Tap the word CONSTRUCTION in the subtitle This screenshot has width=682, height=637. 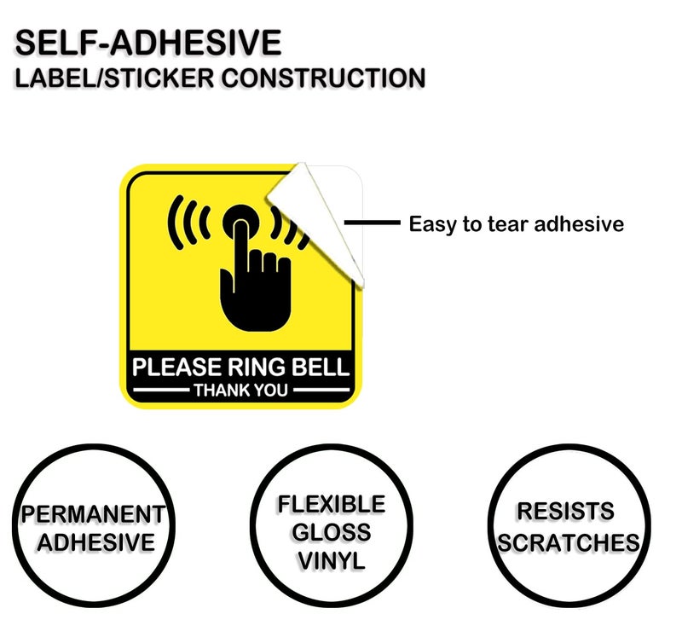[x=323, y=78]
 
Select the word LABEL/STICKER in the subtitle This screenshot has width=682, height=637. [x=115, y=78]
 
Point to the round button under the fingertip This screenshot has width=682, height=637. [x=240, y=223]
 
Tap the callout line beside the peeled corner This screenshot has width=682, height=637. [x=372, y=223]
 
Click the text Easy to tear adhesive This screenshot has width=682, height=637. [x=517, y=224]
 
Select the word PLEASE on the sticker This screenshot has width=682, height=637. [x=177, y=367]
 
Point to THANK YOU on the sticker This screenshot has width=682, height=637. [x=240, y=391]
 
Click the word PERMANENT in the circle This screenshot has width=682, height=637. [x=93, y=514]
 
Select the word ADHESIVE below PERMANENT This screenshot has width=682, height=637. [x=96, y=542]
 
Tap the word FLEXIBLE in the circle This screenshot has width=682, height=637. [x=332, y=505]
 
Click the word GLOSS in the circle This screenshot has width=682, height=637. [x=332, y=533]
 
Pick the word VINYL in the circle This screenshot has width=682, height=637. [x=332, y=561]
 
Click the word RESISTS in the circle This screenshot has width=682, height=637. [x=565, y=512]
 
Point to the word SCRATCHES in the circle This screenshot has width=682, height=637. [x=569, y=543]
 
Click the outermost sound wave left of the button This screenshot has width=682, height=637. [x=173, y=223]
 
